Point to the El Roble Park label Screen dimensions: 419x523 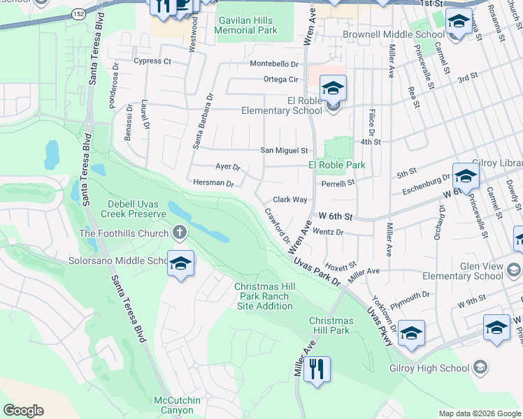(337, 166)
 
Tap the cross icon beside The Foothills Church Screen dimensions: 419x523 (180, 233)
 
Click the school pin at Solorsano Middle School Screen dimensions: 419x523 (180, 264)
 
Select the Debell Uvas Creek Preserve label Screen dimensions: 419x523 (136, 208)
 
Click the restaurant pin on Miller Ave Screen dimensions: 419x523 (317, 369)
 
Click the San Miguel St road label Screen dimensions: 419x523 (284, 150)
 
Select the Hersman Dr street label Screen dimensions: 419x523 (214, 183)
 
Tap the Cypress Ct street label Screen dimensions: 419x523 (152, 61)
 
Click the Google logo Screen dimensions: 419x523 (23, 411)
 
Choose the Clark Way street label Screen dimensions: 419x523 (289, 200)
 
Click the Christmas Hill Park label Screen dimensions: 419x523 (329, 325)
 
